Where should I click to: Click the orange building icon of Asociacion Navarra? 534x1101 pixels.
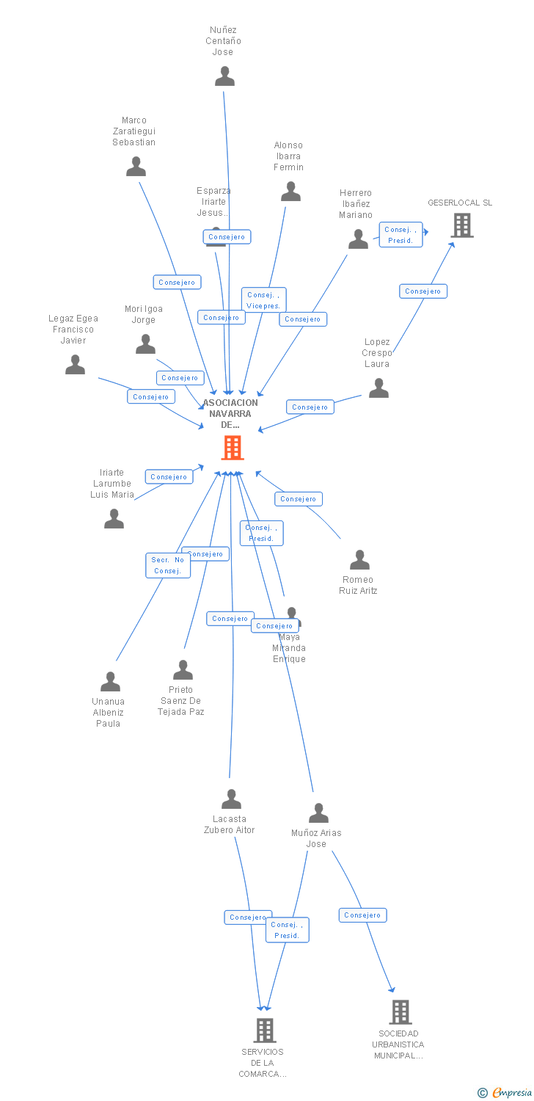233,447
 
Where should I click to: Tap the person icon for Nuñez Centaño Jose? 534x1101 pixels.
224,76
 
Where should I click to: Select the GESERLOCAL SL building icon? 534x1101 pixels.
462,225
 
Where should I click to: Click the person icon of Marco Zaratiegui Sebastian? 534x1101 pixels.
136,167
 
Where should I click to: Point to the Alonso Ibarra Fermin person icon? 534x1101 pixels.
290,192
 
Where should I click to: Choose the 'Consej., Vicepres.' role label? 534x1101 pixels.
264,299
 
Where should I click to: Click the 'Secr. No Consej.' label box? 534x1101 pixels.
168,565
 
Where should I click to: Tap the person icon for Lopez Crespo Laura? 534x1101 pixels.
378,388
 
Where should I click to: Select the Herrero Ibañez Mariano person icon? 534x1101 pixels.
358,239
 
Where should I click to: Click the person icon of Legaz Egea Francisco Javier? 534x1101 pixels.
75,364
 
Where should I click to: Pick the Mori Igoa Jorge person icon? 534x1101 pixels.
145,344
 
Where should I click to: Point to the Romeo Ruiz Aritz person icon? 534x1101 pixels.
359,559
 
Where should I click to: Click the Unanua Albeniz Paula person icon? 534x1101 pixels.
110,681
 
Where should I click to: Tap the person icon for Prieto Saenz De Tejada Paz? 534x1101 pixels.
183,669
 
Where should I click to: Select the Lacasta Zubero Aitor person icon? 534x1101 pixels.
231,799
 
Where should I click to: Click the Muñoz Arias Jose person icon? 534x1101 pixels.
318,813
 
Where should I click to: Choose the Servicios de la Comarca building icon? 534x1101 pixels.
265,1030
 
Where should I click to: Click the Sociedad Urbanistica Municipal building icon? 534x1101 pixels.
400,1011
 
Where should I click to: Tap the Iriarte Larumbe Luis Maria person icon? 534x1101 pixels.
114,518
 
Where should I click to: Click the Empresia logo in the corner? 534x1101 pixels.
506,1092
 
